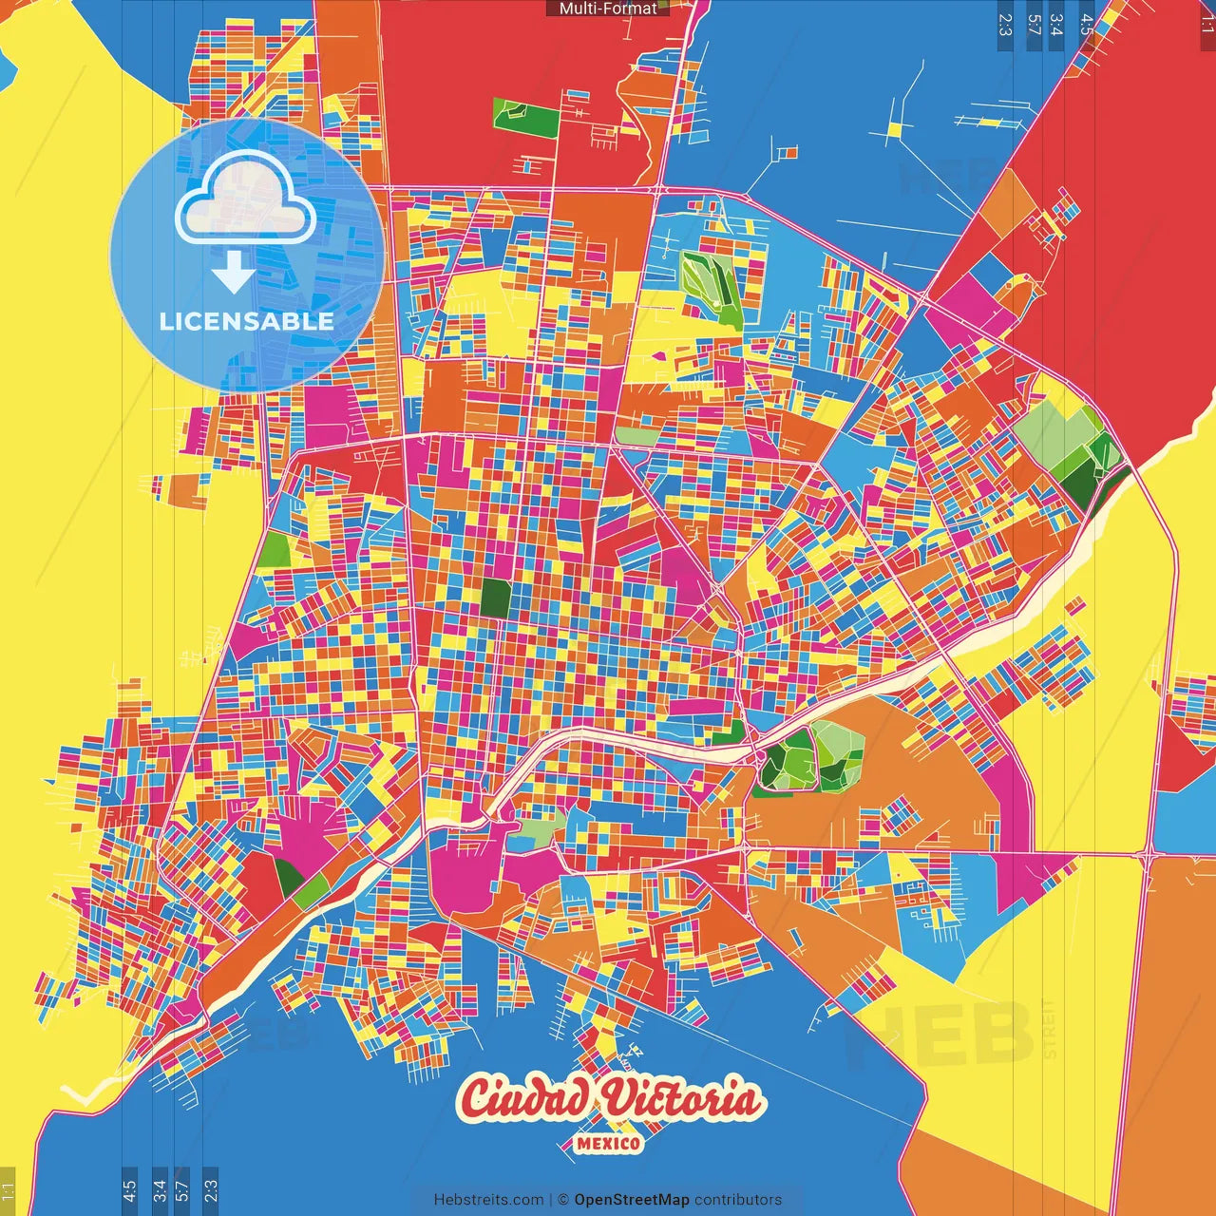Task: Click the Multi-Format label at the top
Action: [607, 9]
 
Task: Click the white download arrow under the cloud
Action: [233, 273]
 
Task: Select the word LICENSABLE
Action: [247, 321]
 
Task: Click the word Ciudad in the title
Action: [524, 1099]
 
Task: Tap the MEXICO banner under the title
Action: [608, 1143]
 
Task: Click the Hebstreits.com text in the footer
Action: [488, 1200]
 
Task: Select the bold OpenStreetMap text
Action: [632, 1200]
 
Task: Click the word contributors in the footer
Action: [738, 1200]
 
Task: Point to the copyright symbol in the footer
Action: [563, 1200]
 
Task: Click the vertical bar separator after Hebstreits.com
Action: [551, 1200]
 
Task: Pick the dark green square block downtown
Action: [495, 597]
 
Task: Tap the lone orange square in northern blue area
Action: [787, 151]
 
